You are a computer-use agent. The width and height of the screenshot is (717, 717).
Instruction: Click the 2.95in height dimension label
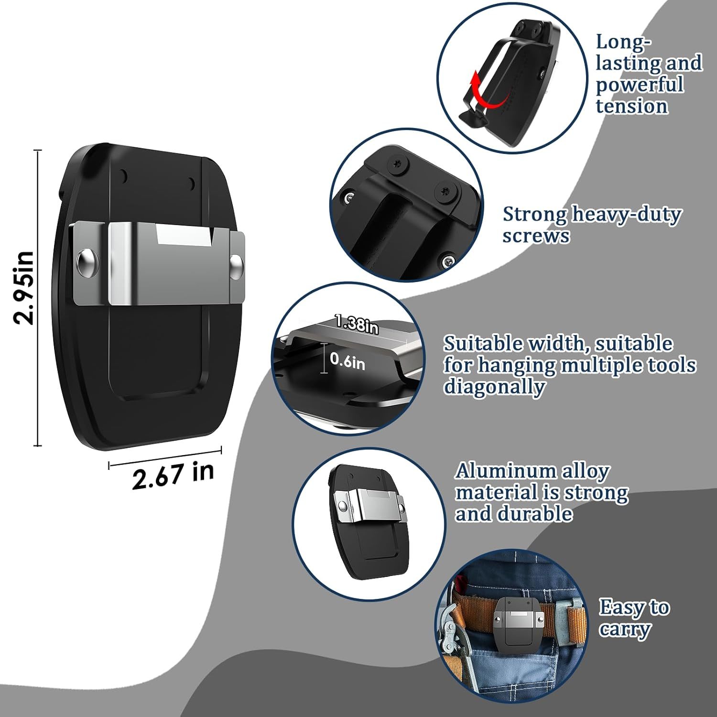(24, 288)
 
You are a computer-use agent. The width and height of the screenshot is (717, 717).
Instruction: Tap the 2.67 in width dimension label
(173, 475)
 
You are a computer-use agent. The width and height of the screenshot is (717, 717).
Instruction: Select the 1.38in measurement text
(357, 324)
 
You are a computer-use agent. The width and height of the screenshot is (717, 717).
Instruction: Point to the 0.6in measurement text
(348, 361)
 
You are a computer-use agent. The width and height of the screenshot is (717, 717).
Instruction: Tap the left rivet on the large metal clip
(88, 264)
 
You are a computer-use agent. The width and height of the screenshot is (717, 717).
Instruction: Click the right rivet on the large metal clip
(236, 266)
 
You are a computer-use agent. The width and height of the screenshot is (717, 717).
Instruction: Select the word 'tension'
(631, 106)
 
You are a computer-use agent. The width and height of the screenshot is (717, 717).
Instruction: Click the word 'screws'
(536, 236)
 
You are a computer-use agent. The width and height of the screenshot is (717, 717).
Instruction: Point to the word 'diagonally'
(494, 386)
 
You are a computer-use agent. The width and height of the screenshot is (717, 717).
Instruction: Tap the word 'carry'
(625, 630)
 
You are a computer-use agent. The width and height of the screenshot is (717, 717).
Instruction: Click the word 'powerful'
(640, 85)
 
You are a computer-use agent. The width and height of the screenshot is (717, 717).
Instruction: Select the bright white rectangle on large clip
(185, 236)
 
